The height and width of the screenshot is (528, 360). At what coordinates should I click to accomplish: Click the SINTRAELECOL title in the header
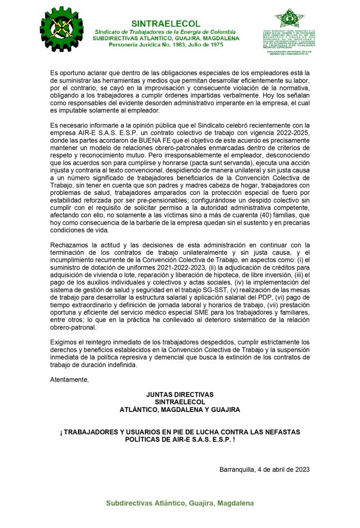[166, 24]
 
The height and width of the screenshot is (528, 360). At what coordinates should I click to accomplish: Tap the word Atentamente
[69, 380]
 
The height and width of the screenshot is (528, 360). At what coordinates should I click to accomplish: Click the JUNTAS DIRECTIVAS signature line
[179, 394]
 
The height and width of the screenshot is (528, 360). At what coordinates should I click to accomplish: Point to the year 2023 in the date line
[301, 470]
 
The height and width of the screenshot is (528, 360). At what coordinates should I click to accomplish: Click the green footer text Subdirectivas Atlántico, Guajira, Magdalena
[179, 503]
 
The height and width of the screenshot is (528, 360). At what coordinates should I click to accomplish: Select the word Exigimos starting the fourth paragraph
[66, 342]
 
